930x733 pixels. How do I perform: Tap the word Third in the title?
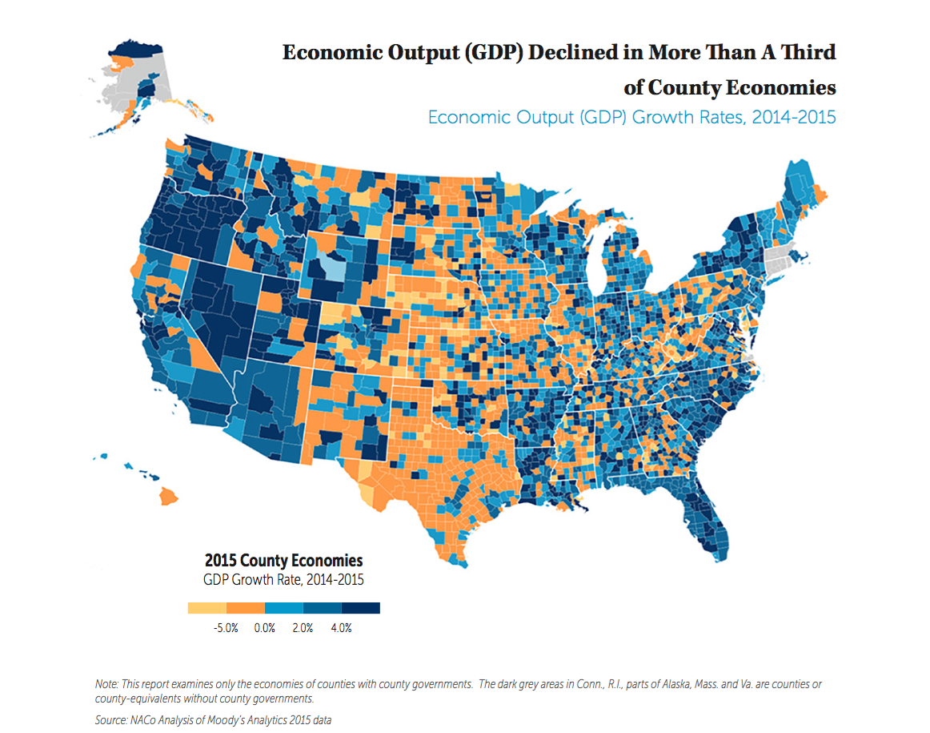click(807, 53)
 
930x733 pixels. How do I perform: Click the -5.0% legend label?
click(226, 628)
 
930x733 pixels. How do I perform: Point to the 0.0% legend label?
click(264, 628)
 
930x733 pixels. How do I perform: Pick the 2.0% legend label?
click(303, 628)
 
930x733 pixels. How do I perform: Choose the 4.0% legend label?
click(341, 628)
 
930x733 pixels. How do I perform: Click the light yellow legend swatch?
click(206, 608)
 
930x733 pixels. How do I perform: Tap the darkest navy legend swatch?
click(361, 608)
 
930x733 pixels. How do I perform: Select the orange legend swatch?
click(245, 608)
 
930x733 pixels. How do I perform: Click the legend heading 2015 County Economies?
click(283, 560)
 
